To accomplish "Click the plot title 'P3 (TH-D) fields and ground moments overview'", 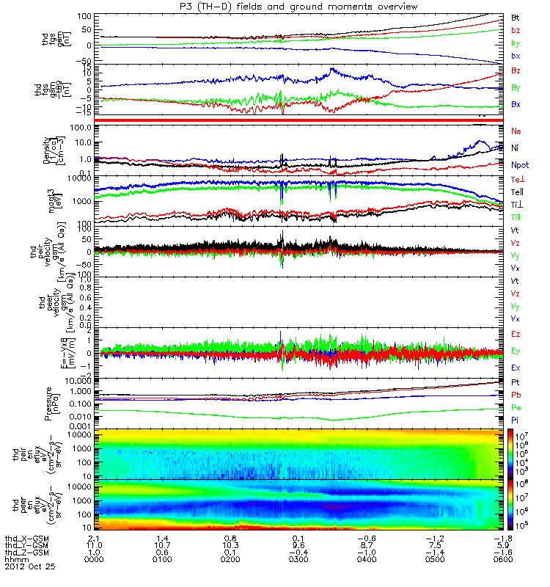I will tap(276, 6).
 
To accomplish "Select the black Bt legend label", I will tap(516, 16).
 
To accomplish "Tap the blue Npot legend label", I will tap(518, 167).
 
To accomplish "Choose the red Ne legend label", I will tap(516, 130).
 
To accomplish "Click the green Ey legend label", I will tap(516, 351).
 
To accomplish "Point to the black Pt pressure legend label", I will tap(515, 382).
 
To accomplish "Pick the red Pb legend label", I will tap(516, 395).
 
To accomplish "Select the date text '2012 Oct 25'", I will tap(30, 567).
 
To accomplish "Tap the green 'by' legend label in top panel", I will tap(516, 43).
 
